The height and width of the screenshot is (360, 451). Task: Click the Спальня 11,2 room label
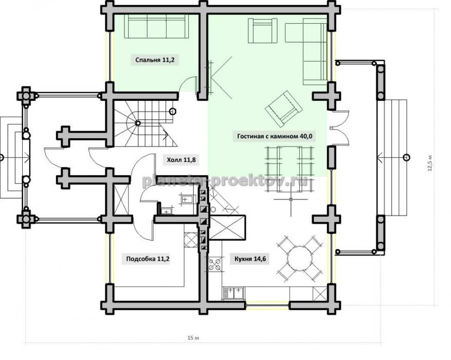coord(155,60)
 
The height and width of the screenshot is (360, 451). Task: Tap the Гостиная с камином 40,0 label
coord(275,136)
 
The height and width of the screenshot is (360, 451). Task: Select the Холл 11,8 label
coord(181,159)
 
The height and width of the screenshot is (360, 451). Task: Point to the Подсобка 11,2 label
coord(148,259)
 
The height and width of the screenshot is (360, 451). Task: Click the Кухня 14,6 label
coord(250,259)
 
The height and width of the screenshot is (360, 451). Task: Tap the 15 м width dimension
coord(193,337)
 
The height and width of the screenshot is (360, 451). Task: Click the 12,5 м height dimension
coord(430,164)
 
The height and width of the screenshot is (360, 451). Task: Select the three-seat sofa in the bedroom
coord(156,26)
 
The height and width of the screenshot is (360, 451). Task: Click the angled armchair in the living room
coord(283,109)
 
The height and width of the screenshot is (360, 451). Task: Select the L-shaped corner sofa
coord(306,50)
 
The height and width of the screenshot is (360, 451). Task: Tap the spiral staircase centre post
coord(138,123)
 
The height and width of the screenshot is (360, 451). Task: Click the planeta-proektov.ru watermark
coord(224,181)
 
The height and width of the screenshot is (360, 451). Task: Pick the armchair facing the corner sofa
coord(262,30)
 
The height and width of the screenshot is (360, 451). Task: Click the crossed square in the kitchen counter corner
coord(320,294)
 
